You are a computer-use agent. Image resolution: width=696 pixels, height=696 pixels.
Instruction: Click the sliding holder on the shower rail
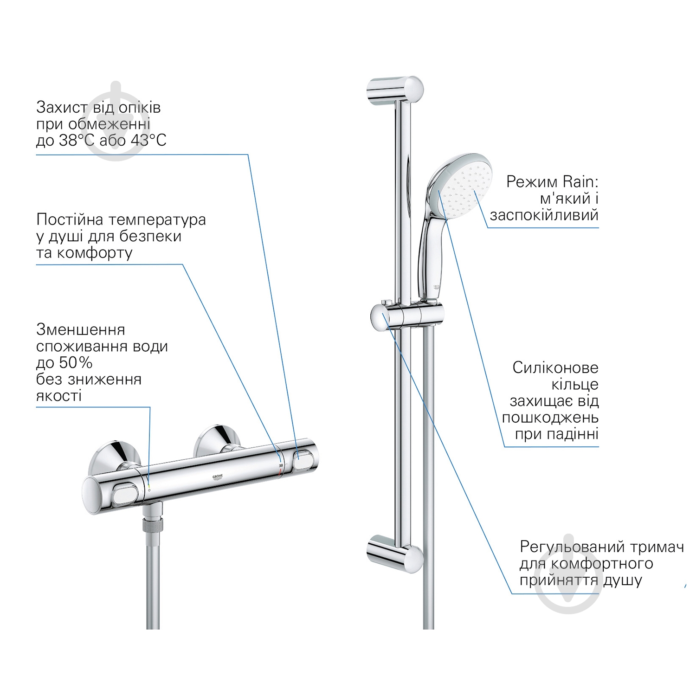[406, 315]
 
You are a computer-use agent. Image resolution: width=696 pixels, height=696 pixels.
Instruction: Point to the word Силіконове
[555, 368]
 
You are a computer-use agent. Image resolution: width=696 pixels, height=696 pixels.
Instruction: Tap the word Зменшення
[81, 330]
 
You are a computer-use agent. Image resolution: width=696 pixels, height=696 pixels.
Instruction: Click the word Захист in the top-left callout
[62, 108]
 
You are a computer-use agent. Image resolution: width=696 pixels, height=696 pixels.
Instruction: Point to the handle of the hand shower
[432, 255]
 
